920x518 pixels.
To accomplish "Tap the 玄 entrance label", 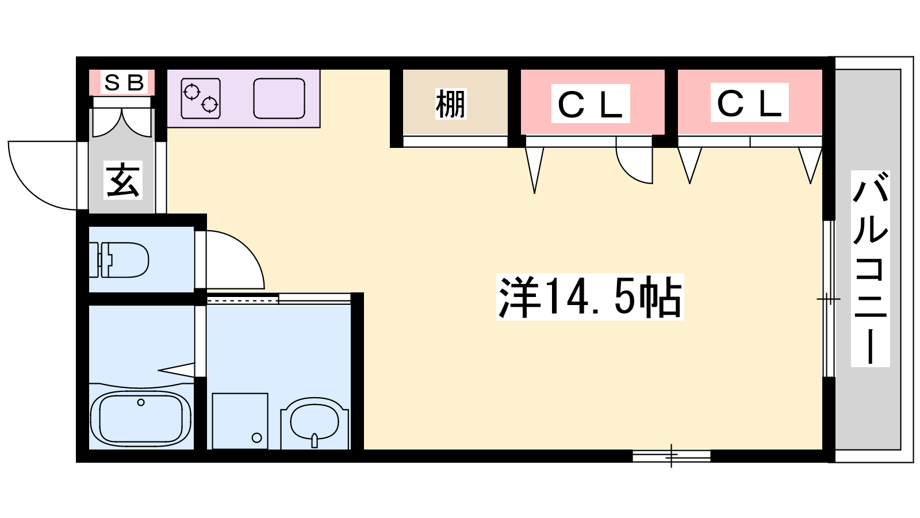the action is pos(123,180).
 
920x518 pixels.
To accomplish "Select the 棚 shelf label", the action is pos(451,104).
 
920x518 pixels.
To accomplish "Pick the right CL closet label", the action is pos(749,103).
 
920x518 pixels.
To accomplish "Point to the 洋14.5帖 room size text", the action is pos(590,297).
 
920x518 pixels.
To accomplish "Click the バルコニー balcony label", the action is pos(870,268).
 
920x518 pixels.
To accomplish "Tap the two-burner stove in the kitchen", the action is pos(201,98).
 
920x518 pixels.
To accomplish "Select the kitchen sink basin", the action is pos(279,98).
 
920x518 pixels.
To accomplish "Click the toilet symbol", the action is pos(118,260).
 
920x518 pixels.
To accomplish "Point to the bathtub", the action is pos(140,419).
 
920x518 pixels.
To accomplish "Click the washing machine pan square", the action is pos(240,421).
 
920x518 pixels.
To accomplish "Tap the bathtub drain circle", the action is pos(141,402).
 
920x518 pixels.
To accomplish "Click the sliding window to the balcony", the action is pos(829,299).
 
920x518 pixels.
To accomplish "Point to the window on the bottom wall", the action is pos(672,456).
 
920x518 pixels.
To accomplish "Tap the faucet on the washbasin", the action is pos(315,440).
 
